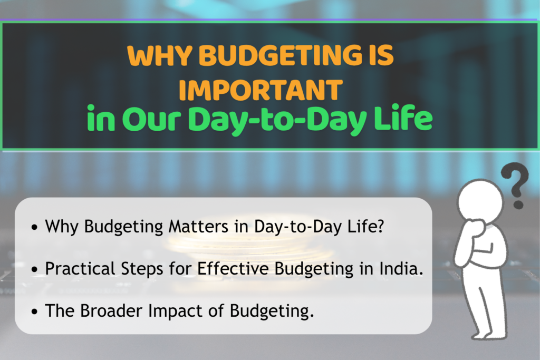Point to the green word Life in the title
(403, 121)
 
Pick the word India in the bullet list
(403, 268)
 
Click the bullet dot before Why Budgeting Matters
(35, 228)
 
